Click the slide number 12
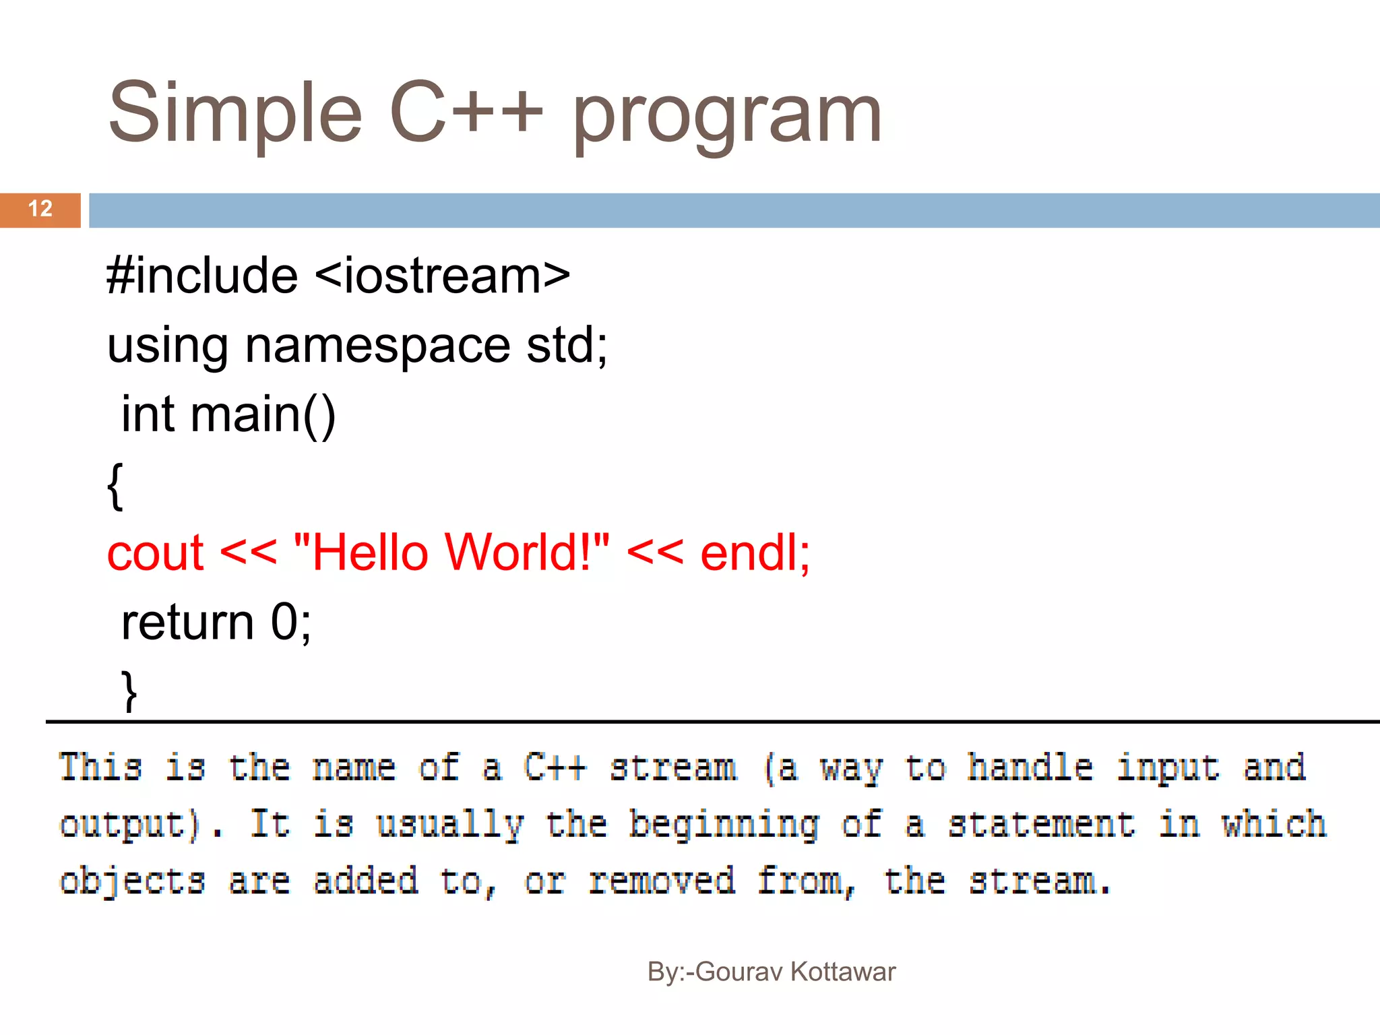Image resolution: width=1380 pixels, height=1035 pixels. (40, 209)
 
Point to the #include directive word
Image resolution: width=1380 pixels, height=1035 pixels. (202, 276)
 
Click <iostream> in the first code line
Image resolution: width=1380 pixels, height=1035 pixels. (442, 276)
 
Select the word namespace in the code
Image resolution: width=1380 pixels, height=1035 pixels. (377, 346)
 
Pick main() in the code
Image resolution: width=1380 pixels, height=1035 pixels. (263, 415)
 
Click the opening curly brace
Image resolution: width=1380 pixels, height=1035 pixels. (115, 485)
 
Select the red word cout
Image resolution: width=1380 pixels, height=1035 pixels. (155, 553)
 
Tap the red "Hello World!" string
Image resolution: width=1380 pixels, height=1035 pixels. (452, 552)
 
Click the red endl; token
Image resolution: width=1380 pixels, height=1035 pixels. (755, 553)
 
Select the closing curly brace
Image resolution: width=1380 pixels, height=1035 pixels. (129, 691)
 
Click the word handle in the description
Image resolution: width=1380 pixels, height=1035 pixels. (1030, 767)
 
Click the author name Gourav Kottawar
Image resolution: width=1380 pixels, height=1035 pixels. (795, 972)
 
